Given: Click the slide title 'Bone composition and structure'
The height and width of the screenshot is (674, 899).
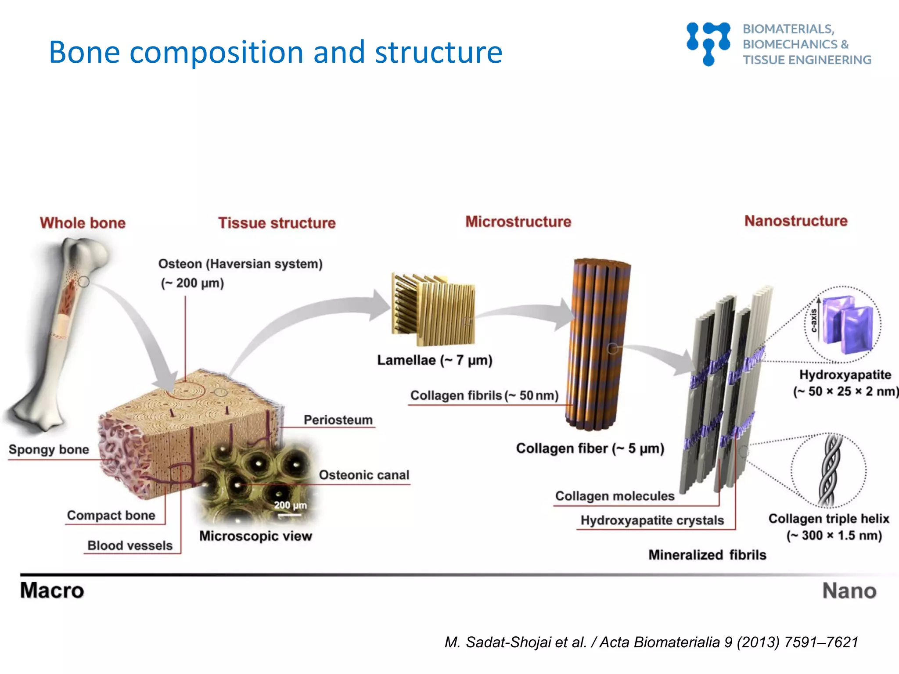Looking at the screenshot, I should click(275, 52).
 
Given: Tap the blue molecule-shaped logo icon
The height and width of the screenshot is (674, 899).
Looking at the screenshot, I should click(708, 43).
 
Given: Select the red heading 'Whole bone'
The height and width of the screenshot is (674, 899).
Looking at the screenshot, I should click(83, 223).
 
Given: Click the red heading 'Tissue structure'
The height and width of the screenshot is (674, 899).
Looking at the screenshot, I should click(277, 223).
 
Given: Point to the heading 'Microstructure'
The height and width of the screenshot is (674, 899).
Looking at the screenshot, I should click(518, 222).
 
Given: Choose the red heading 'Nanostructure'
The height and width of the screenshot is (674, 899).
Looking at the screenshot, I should click(795, 221).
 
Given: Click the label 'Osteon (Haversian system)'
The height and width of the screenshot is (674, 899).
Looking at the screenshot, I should click(240, 264).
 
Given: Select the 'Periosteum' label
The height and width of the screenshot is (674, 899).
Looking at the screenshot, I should click(338, 420).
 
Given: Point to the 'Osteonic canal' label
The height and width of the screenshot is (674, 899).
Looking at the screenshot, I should click(363, 475).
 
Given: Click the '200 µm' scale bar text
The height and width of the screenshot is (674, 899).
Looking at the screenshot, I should click(290, 505).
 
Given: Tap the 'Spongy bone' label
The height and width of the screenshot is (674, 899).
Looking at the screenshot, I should click(49, 449).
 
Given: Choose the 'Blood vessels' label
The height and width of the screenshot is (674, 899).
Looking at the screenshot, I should click(129, 545).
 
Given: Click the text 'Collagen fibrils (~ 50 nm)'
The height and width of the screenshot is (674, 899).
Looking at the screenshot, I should click(484, 395).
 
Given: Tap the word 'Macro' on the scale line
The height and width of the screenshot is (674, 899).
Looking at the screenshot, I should click(52, 591).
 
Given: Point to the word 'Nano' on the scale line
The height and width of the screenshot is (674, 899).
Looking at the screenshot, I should click(849, 591).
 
